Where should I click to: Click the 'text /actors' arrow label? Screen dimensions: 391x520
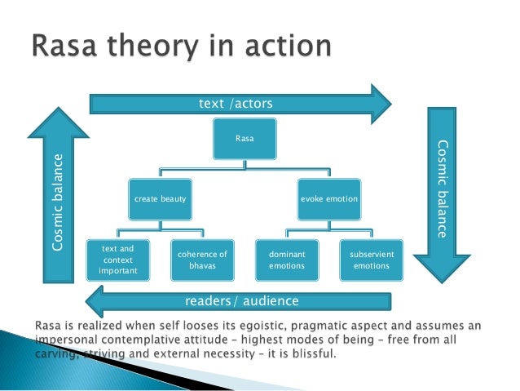tap(236, 104)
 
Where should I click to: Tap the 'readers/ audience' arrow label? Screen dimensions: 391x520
tap(242, 301)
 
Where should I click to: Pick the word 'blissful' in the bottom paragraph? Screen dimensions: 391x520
tap(315, 353)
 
